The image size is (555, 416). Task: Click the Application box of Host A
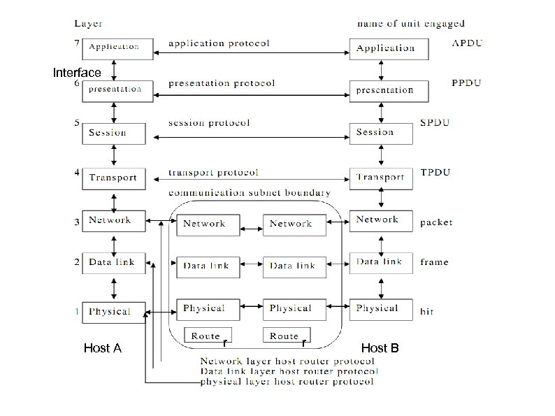[x=114, y=48]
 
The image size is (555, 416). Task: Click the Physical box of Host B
[x=377, y=308]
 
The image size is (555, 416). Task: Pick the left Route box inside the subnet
[x=207, y=336]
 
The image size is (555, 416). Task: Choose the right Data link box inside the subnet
[x=292, y=266]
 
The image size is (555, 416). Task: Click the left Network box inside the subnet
[x=205, y=224]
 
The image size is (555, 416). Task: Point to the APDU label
[x=467, y=43]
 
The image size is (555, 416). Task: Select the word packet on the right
[x=436, y=223]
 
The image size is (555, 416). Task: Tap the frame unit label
[x=434, y=262]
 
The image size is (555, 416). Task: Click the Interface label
[x=77, y=73]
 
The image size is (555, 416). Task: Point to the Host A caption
[x=103, y=348]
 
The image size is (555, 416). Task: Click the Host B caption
[x=380, y=348]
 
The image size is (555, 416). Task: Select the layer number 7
[x=76, y=43]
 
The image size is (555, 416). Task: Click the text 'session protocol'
[x=209, y=123]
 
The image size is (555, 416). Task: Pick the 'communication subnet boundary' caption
[x=250, y=192]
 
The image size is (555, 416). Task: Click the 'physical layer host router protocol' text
[x=287, y=382]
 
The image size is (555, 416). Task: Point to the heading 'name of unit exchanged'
[x=410, y=24]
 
